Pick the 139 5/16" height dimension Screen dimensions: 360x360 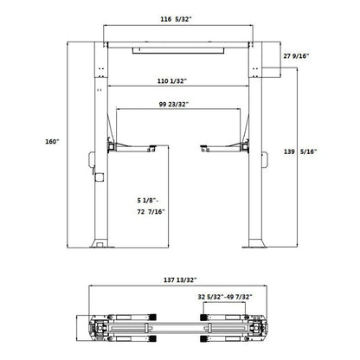[301, 151]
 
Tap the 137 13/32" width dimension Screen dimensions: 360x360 [179, 280]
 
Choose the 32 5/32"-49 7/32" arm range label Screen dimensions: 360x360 [224, 297]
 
